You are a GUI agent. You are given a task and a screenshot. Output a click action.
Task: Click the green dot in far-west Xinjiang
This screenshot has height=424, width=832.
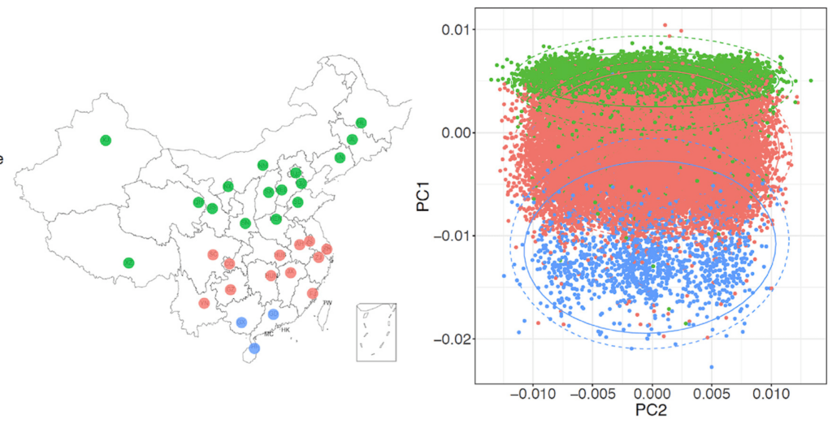[x=105, y=141]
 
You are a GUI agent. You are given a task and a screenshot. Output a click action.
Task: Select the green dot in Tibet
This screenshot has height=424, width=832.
[x=128, y=262]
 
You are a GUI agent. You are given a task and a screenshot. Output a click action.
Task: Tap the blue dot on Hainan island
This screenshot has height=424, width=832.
[x=254, y=348]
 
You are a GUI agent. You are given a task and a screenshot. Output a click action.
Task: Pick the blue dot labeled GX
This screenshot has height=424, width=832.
[x=241, y=322]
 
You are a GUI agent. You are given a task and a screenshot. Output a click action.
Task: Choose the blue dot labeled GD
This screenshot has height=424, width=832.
[x=273, y=314]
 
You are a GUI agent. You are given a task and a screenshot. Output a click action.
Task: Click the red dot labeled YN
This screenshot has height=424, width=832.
[x=204, y=304]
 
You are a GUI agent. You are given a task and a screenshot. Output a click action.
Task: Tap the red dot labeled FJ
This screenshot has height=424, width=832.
[x=313, y=293]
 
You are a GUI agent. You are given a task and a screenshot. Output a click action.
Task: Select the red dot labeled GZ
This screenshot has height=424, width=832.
[x=230, y=289]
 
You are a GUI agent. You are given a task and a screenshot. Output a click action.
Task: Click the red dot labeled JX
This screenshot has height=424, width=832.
[x=291, y=272]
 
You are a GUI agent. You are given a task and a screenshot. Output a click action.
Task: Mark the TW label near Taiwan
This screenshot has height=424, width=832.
[x=327, y=303]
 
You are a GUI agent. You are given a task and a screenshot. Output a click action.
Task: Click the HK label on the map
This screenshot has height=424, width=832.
[x=286, y=331]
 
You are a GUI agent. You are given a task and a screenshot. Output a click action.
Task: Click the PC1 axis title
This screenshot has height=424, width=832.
[x=423, y=199]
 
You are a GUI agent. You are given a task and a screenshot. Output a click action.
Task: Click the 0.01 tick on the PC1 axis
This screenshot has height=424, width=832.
[x=457, y=30]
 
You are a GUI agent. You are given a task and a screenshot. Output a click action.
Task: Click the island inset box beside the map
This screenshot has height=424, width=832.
[x=376, y=332]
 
